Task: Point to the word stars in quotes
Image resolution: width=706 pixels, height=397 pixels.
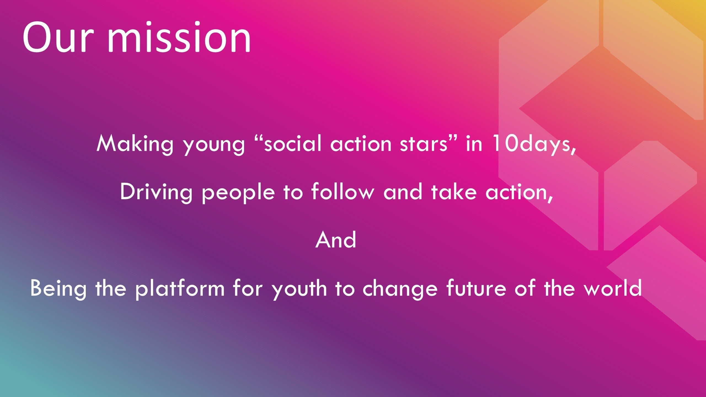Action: pyautogui.click(x=424, y=144)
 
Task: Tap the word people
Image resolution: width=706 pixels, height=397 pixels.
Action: pyautogui.click(x=238, y=193)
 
